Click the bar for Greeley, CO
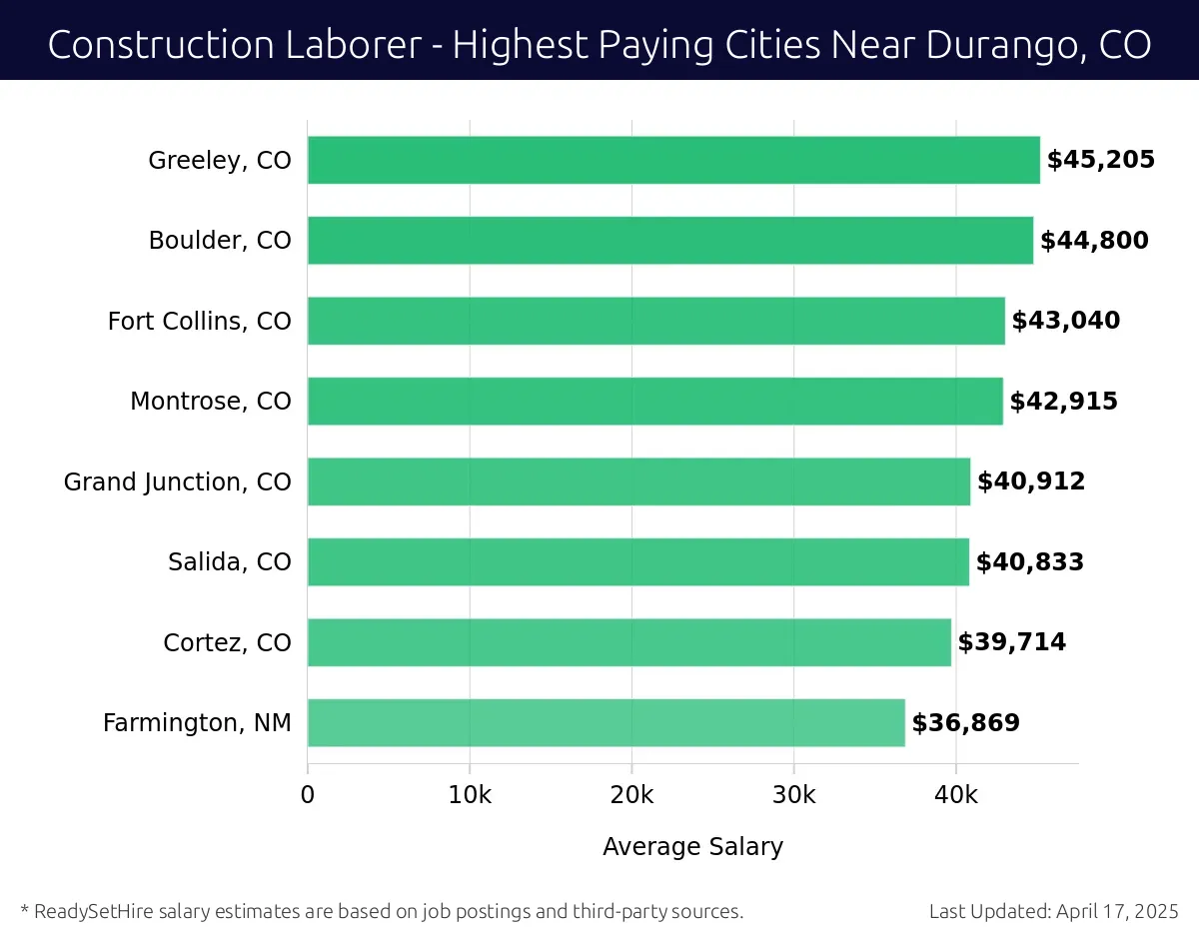673,160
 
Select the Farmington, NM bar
605,722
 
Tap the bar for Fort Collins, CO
655,321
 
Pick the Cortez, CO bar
628,642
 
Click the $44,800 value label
1094,241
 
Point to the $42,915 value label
1063,402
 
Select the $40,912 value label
1030,481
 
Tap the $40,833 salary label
1029,562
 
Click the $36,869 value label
965,723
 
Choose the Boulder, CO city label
220,241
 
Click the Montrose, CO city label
211,402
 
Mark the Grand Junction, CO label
178,482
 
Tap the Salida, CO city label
230,562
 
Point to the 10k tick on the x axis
470,795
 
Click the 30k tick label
793,795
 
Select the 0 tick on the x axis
308,795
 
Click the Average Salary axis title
692,847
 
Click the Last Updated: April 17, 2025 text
1053,911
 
